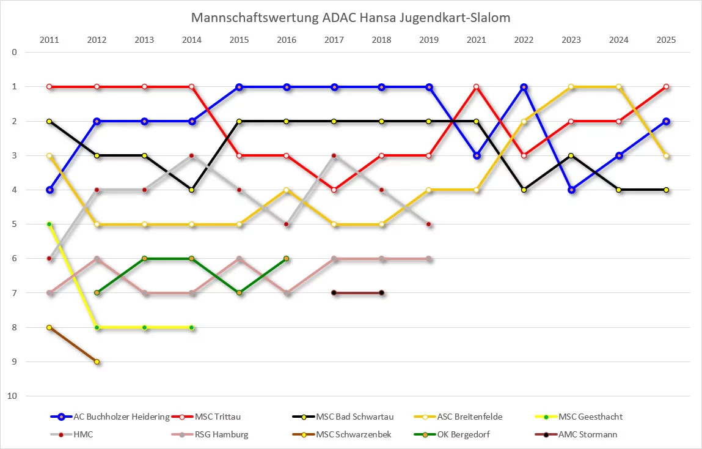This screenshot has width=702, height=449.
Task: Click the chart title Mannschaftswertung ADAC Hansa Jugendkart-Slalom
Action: click(351, 18)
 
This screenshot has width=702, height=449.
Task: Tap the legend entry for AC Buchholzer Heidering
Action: click(121, 417)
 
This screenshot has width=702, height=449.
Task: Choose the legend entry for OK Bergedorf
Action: click(464, 435)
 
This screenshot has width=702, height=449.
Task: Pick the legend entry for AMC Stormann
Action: click(588, 435)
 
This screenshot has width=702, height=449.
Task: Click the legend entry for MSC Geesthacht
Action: click(590, 417)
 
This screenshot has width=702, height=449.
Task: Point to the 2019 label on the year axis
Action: click(429, 40)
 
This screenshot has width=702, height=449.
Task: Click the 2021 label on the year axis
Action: click(476, 40)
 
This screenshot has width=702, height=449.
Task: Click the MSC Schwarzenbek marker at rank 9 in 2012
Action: click(97, 362)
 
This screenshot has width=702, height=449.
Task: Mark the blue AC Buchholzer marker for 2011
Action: click(49, 190)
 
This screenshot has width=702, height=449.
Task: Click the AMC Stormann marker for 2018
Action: click(381, 293)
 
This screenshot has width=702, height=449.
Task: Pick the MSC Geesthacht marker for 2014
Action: click(192, 328)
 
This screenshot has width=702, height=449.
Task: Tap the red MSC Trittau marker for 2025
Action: click(666, 87)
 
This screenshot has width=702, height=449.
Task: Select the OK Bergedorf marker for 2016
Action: click(287, 259)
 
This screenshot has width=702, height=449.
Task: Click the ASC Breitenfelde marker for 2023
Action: click(571, 87)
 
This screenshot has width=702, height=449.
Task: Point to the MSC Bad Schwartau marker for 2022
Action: click(524, 190)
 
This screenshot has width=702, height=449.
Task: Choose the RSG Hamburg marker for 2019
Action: click(429, 259)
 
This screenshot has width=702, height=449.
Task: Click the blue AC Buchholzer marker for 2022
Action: click(524, 87)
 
